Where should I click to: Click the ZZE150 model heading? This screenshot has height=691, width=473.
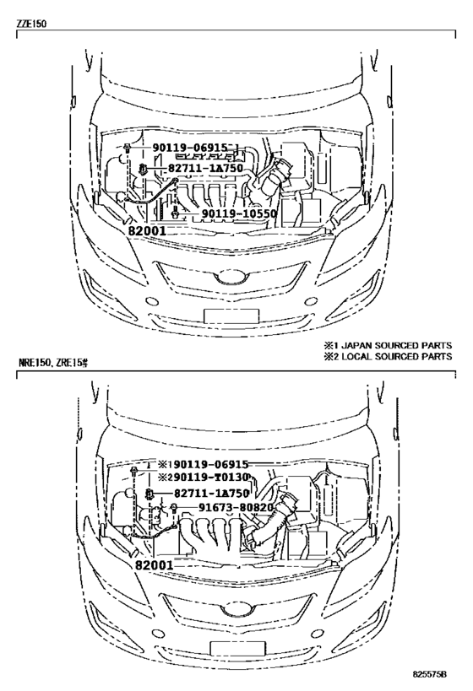31,24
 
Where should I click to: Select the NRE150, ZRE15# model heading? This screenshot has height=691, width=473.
53,363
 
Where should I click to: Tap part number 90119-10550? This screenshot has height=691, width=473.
239,214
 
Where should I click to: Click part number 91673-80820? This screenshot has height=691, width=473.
236,508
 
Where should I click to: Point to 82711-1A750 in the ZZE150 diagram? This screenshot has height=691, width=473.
205,169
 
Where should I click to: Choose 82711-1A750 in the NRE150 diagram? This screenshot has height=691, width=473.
211,493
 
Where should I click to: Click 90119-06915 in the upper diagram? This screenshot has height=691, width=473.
190,148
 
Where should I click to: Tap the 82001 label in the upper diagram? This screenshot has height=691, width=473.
147,230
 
